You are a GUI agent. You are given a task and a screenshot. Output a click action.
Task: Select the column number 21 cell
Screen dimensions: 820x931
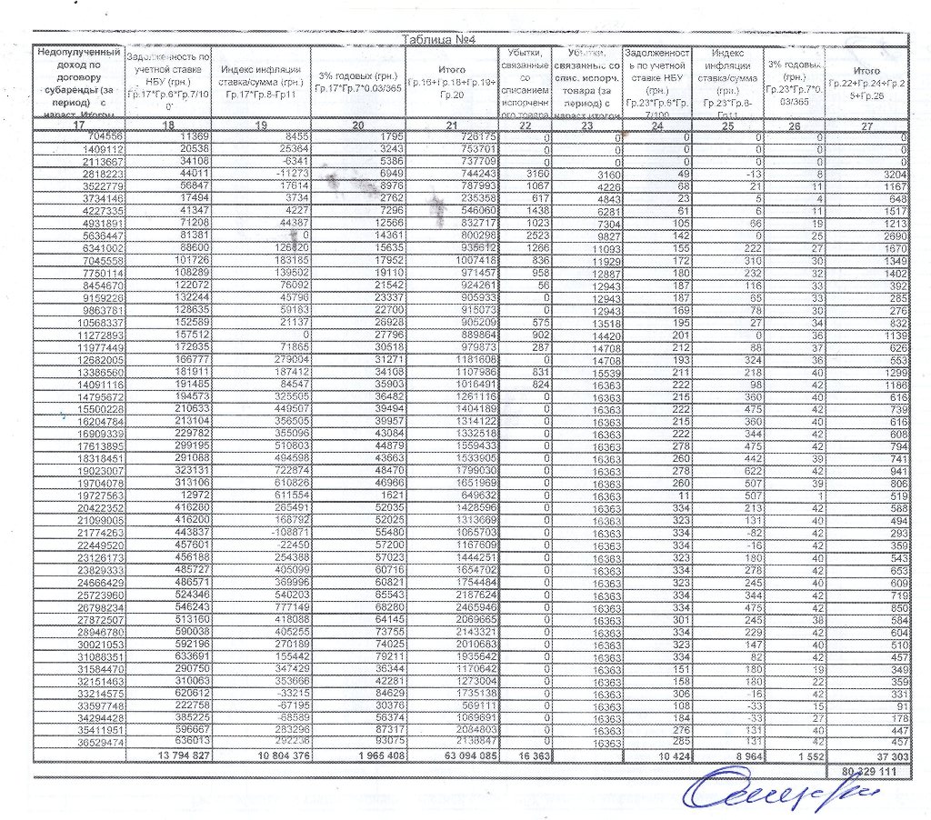click(452, 125)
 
